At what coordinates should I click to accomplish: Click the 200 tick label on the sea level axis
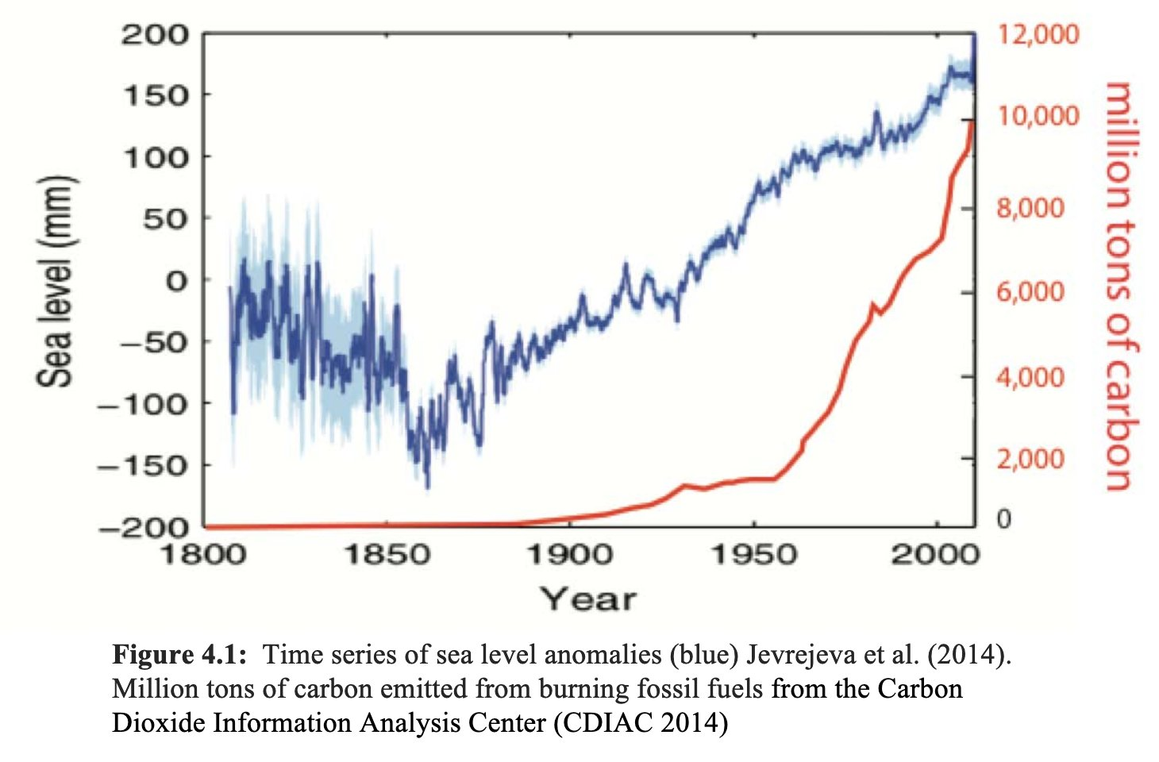click(x=155, y=35)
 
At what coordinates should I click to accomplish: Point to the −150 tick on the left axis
click(x=144, y=465)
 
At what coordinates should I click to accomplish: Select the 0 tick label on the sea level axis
click(x=176, y=280)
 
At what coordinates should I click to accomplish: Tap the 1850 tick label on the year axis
click(x=387, y=554)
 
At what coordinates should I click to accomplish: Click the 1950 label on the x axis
click(x=753, y=554)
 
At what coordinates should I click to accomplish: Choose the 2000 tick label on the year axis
click(x=935, y=554)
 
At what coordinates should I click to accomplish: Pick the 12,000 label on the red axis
click(x=1038, y=35)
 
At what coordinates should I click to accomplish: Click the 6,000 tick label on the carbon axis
click(x=1030, y=292)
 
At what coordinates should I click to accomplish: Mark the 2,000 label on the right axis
click(x=1030, y=459)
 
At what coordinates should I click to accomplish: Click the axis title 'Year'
click(x=588, y=599)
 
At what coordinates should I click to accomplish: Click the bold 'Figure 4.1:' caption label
click(x=179, y=655)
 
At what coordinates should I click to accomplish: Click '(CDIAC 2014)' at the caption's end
click(x=641, y=723)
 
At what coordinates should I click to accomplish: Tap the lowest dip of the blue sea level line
click(x=427, y=487)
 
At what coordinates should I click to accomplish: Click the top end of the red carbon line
click(x=972, y=121)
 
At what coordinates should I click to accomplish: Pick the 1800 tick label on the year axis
click(x=204, y=554)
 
